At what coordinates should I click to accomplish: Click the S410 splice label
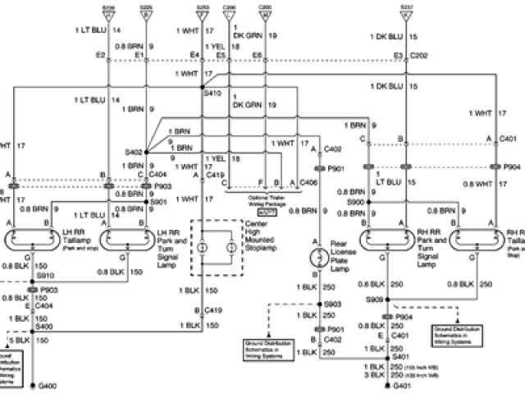tap(212, 94)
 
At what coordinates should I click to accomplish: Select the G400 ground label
tap(44, 385)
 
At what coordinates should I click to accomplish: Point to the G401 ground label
tap(402, 385)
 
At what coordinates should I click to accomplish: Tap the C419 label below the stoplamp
tap(214, 310)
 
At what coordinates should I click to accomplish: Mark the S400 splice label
tap(44, 327)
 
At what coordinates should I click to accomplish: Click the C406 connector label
tap(308, 182)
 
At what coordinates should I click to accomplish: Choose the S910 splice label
tap(44, 276)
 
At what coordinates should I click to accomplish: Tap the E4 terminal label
tap(194, 55)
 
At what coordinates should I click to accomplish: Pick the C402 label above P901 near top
tap(332, 149)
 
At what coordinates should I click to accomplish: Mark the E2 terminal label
tap(100, 55)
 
